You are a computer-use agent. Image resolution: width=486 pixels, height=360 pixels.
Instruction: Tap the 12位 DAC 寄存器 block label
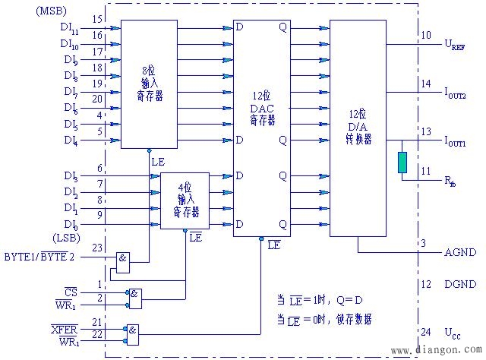[x=262, y=109]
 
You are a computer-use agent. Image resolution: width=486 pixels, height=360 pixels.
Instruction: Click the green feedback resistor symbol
[x=402, y=161]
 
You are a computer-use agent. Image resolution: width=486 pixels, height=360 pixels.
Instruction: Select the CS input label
[x=71, y=292]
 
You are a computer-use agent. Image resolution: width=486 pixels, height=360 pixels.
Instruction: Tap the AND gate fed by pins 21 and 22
[x=134, y=332]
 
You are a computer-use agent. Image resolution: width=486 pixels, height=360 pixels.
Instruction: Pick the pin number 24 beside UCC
[x=425, y=332]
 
